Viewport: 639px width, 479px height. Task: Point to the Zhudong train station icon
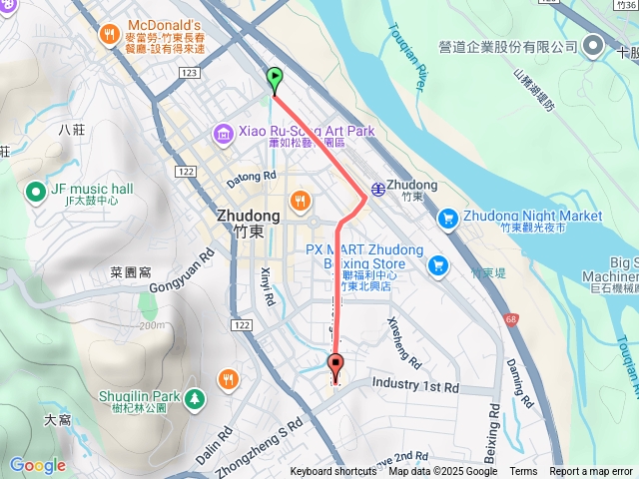coord(378,188)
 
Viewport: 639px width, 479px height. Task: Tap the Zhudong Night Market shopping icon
coord(448,217)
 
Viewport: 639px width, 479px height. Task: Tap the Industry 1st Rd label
coord(415,385)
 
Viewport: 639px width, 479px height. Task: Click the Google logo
coord(37,465)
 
